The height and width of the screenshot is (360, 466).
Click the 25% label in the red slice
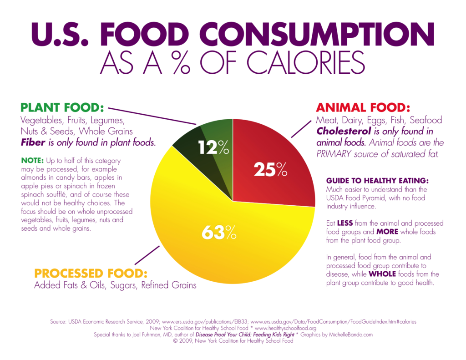point(270,169)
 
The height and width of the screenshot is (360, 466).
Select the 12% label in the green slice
point(213,147)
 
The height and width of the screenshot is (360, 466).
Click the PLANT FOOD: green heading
point(62,108)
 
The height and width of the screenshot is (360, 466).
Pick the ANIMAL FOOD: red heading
point(363,108)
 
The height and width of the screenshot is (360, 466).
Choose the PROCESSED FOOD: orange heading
point(91,273)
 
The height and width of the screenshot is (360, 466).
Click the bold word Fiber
point(33,142)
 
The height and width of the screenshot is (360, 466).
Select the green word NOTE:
point(32,160)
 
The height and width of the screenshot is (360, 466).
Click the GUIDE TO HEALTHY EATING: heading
point(377,181)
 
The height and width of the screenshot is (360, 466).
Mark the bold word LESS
point(346,223)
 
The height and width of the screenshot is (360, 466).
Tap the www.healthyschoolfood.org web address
point(285,328)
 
